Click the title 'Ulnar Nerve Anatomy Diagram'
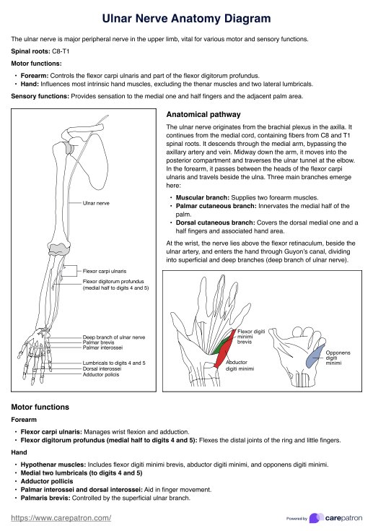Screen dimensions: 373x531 [186, 18]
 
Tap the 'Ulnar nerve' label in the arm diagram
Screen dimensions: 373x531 [96, 203]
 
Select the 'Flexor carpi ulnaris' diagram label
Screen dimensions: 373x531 [105, 271]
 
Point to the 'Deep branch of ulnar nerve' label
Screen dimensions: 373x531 [114, 337]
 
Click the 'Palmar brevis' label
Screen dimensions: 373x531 [98, 342]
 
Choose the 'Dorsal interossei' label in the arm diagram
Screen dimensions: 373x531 [102, 368]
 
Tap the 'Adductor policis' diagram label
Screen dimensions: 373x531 [101, 374]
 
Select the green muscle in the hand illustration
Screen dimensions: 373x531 [220, 345]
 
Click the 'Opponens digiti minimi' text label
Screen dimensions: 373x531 [338, 358]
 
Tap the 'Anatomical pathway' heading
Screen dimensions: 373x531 [203, 114]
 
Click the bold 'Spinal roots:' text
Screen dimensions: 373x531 [31, 51]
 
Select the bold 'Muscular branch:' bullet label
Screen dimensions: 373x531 [203, 198]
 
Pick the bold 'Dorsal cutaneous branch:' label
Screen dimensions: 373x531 [216, 223]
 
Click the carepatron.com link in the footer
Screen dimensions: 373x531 [61, 518]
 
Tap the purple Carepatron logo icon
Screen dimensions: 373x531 [316, 518]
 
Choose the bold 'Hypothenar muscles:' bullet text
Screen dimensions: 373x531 [53, 465]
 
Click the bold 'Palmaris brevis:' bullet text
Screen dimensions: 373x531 [45, 498]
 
